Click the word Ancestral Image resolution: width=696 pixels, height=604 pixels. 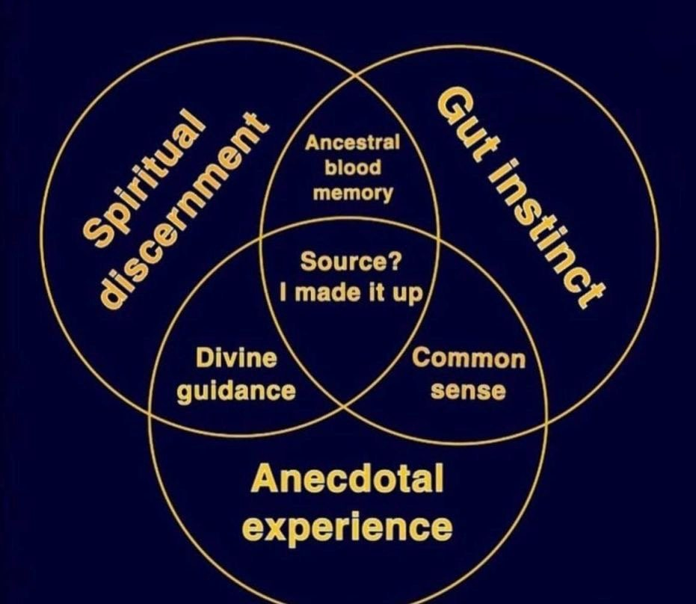coord(352,142)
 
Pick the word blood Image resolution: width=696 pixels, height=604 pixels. coord(352,167)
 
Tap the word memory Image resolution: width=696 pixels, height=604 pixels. coord(352,193)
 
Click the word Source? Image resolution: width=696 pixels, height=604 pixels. coord(351,262)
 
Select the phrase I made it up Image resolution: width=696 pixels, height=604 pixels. coord(351,292)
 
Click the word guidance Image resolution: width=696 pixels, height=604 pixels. coord(236,390)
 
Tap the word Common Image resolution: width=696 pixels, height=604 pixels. coord(469,359)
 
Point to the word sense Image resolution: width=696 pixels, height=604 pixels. coord(469,390)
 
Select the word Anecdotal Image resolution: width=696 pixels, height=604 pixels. coord(347,479)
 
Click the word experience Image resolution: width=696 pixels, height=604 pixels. coord(348,527)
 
